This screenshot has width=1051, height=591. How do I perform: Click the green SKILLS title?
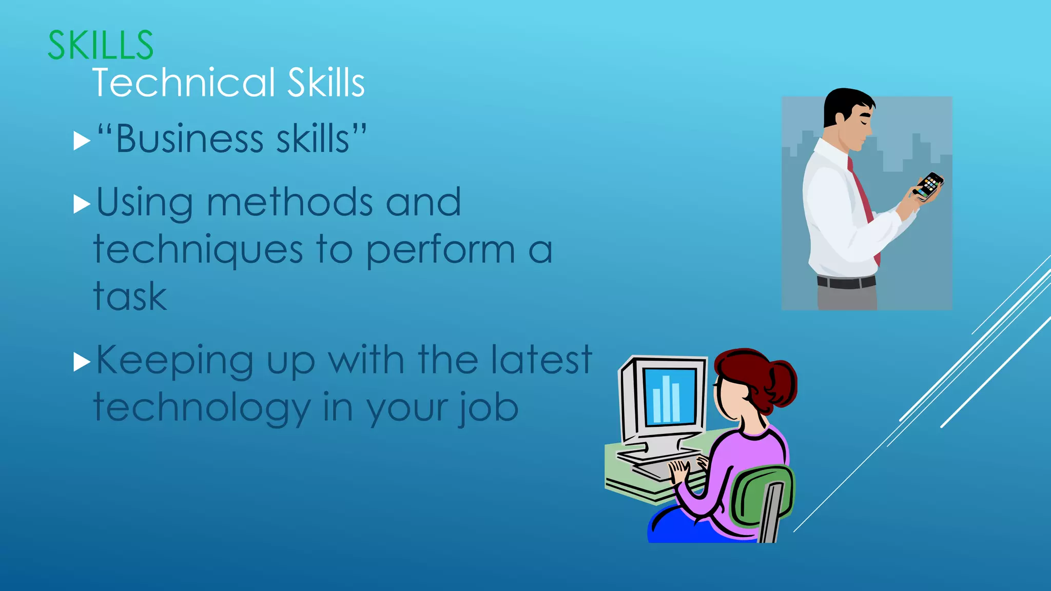click(x=101, y=45)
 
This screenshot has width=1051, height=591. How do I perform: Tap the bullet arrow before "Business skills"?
click(x=81, y=141)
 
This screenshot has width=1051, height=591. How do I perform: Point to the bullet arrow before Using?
click(x=81, y=204)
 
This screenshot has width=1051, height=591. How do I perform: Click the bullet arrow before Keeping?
click(x=81, y=362)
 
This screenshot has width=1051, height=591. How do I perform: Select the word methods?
click(x=289, y=202)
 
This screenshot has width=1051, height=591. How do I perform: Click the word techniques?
click(x=198, y=251)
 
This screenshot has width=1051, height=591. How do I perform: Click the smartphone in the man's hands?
click(x=929, y=185)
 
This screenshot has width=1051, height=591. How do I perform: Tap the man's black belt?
click(x=846, y=282)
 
